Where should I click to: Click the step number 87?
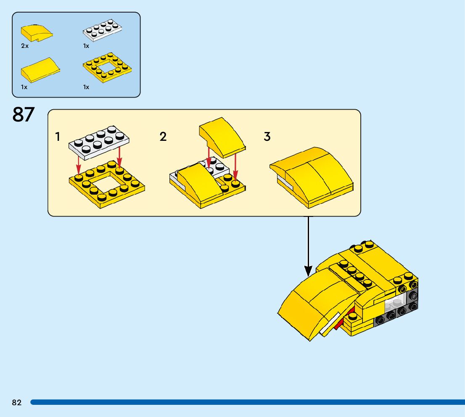point(23,114)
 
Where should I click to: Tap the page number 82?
point(17,402)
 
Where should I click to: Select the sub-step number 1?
point(58,137)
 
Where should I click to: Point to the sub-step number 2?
point(163,137)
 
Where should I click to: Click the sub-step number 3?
point(267,137)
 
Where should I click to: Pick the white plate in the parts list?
point(103,30)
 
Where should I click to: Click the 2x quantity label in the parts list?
point(25,46)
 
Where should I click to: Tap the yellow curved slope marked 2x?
point(37,32)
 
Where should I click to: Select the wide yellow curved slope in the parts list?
point(40,69)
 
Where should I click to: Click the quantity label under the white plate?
point(86,46)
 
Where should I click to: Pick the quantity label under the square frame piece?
point(86,87)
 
